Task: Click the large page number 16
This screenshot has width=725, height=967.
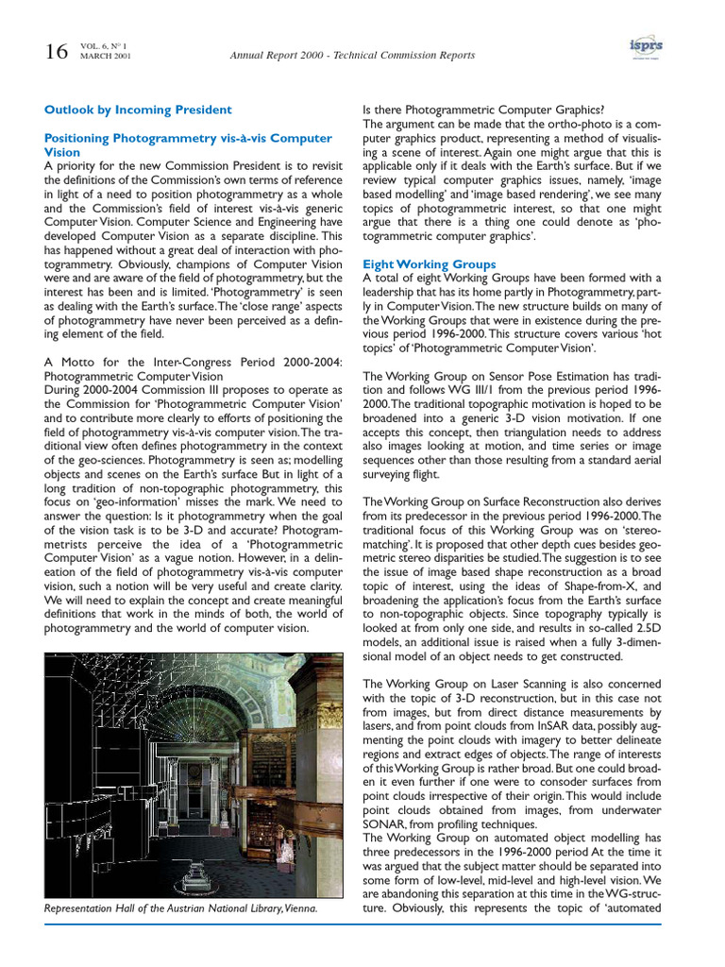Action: coord(56,53)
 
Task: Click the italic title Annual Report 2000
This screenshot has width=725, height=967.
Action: coord(284,56)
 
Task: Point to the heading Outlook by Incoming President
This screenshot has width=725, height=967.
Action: coord(138,110)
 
